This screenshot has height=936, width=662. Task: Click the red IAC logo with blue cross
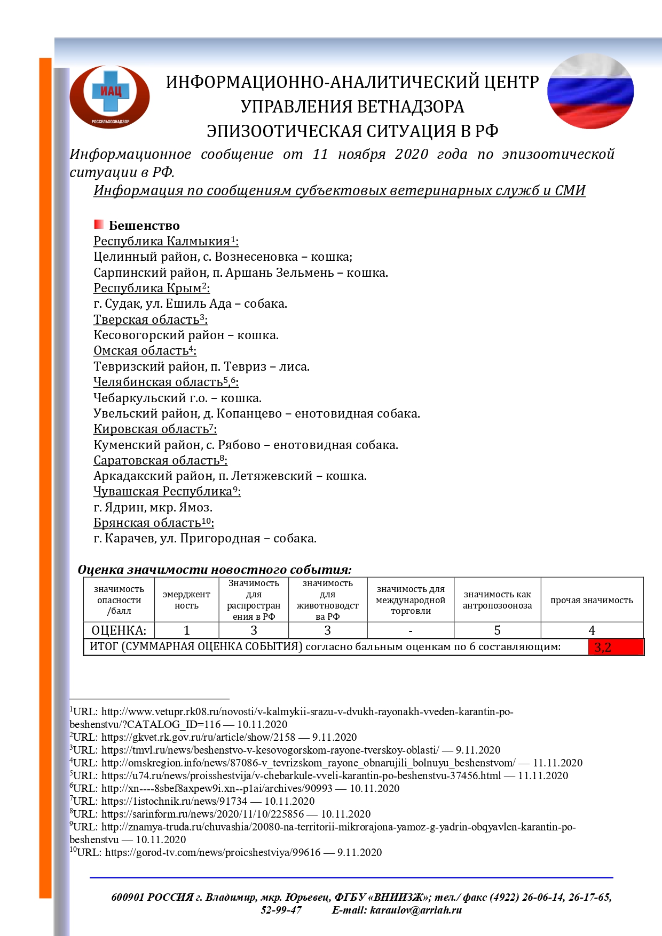(x=109, y=97)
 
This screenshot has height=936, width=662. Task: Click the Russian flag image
(x=590, y=91)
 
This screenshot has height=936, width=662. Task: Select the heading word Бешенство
(x=144, y=226)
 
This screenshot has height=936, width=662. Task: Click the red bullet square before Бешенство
(x=99, y=225)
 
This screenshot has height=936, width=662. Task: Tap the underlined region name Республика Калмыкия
(x=162, y=242)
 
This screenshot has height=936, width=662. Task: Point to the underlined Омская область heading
(x=141, y=351)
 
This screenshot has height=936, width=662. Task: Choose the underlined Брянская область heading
(x=147, y=523)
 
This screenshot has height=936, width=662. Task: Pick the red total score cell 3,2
(x=616, y=647)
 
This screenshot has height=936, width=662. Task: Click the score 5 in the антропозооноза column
(x=497, y=630)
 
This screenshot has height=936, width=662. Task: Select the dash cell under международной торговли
(x=410, y=630)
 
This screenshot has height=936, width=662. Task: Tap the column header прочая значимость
(x=592, y=600)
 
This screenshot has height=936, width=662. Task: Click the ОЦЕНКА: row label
(x=119, y=630)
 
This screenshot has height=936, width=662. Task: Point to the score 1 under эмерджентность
(x=186, y=630)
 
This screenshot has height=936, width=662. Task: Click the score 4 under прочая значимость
(x=592, y=630)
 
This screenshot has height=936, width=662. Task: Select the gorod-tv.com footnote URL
(x=212, y=853)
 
